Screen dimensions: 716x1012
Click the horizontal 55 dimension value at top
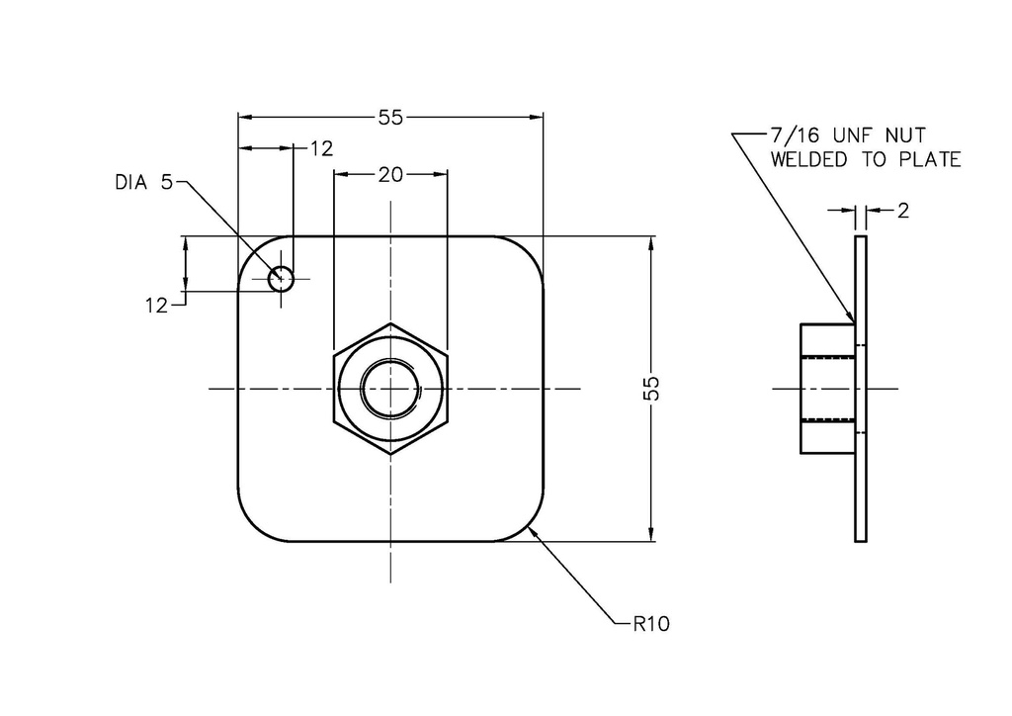click(x=390, y=118)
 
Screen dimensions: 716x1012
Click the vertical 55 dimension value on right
click(x=651, y=389)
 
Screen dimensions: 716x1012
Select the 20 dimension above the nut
click(x=390, y=175)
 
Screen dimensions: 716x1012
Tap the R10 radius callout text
click(x=653, y=625)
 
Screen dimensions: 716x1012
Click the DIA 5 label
click(x=143, y=182)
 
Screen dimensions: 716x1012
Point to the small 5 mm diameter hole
click(x=282, y=278)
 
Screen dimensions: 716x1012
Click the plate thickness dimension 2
click(x=904, y=210)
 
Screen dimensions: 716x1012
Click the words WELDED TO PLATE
click(x=866, y=159)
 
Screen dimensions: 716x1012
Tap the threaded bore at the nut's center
click(x=390, y=389)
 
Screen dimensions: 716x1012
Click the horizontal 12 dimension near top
click(x=321, y=149)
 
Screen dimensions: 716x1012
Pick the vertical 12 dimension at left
click(x=157, y=307)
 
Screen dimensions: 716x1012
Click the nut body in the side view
click(x=826, y=389)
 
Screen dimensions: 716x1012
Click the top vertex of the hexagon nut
click(x=390, y=323)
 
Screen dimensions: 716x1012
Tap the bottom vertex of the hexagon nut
click(x=390, y=455)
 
